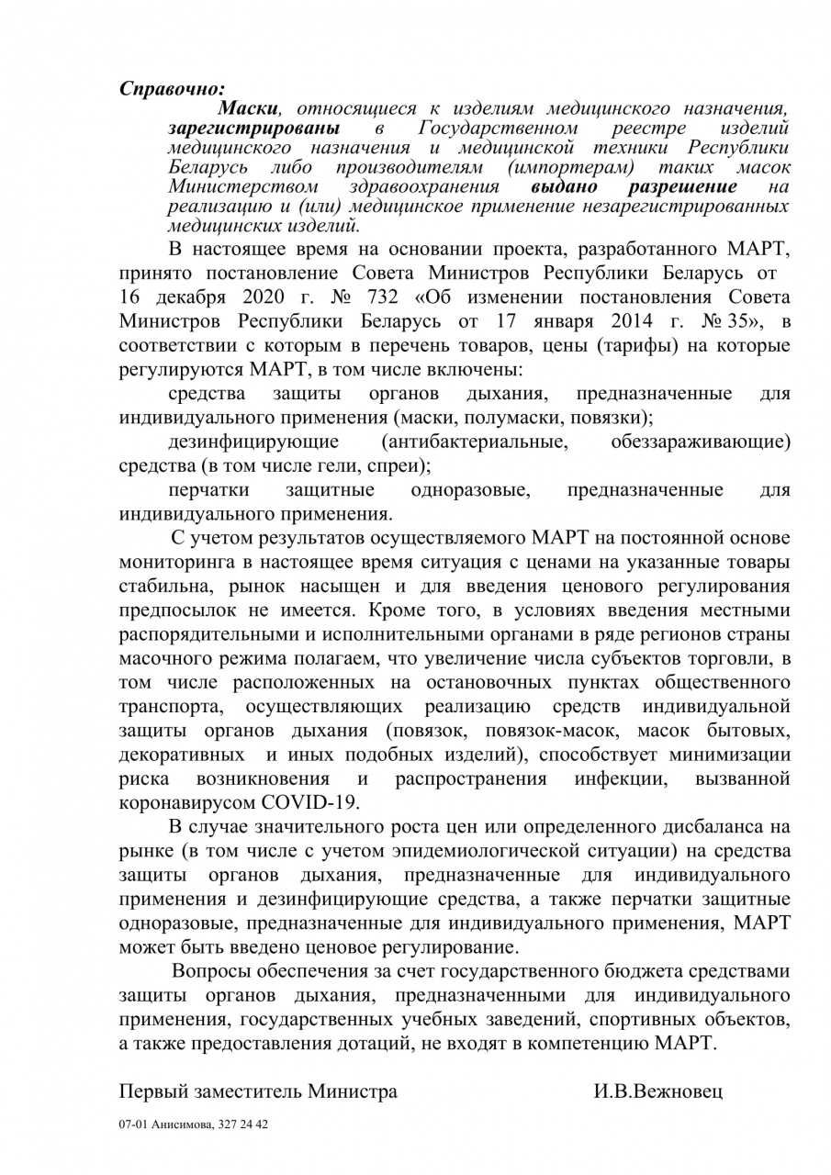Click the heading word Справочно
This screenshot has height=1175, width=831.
pyautogui.click(x=173, y=89)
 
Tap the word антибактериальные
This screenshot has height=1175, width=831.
pyautogui.click(x=477, y=441)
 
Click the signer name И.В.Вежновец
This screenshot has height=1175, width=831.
pyautogui.click(x=658, y=1091)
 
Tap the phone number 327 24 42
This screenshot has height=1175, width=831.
pyautogui.click(x=244, y=1124)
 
